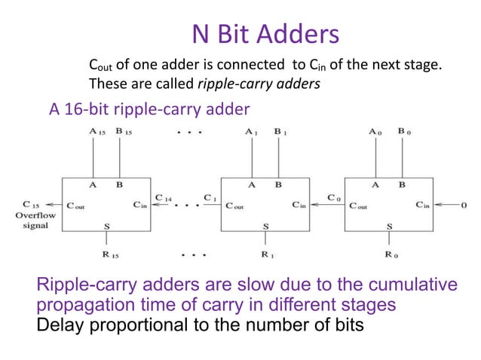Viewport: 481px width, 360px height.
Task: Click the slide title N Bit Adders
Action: [x=265, y=33]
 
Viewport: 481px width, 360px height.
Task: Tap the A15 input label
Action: [x=96, y=131]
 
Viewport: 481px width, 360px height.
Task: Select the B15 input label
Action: [x=124, y=131]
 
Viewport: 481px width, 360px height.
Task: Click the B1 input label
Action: [x=280, y=131]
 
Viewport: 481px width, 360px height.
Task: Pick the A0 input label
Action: [x=375, y=131]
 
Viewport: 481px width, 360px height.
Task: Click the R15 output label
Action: [x=110, y=255]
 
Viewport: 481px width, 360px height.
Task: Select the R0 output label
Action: [x=390, y=255]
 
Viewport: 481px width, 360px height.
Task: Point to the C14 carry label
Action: [x=163, y=197]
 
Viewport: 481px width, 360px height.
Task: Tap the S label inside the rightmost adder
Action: [x=389, y=226]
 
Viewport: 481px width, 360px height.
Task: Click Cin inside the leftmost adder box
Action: [x=141, y=205]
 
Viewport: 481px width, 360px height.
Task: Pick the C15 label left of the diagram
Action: [x=32, y=204]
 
